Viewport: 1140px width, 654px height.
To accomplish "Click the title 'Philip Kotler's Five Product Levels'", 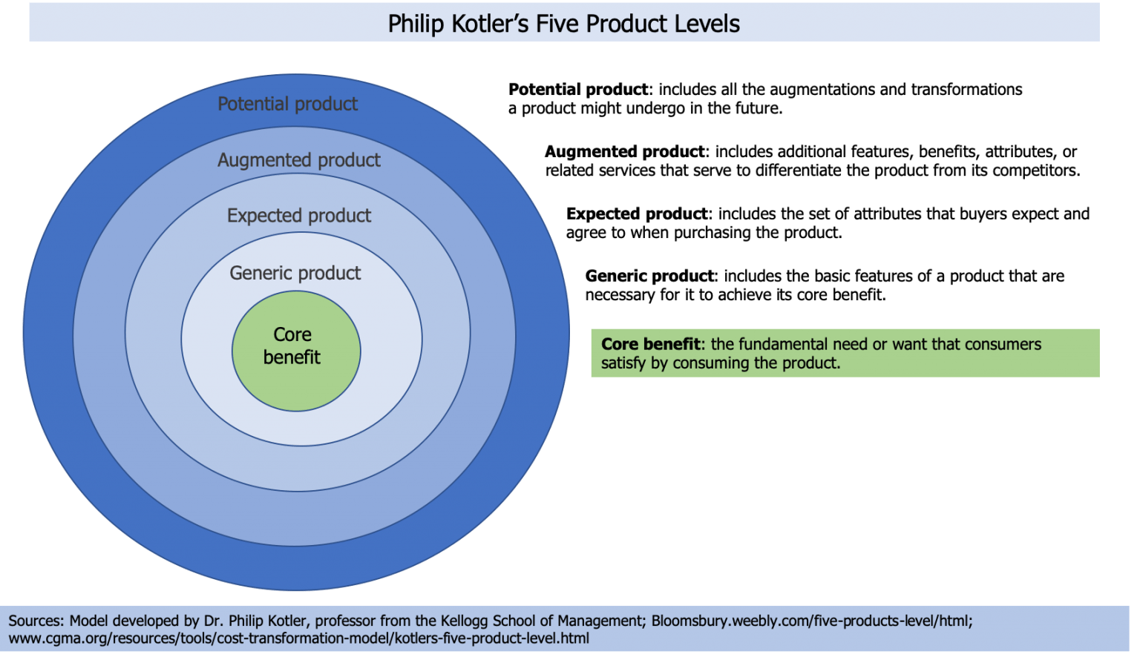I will coord(563,24).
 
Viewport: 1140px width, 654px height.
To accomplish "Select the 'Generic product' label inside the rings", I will coord(295,273).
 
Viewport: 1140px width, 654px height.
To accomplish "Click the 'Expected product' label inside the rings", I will coord(299,216).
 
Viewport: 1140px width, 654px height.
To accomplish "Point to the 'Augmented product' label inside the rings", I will coord(298,160).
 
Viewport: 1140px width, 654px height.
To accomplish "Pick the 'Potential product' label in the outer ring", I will coord(287,104).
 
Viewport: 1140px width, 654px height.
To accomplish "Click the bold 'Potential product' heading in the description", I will coord(578,90).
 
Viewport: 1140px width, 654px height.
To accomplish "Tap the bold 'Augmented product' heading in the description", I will coord(626,152).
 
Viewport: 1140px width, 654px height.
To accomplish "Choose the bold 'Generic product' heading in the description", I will coord(650,277).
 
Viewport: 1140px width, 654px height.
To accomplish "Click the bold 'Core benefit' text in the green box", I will coord(650,344).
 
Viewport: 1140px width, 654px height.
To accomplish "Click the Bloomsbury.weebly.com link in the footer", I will coord(811,621).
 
